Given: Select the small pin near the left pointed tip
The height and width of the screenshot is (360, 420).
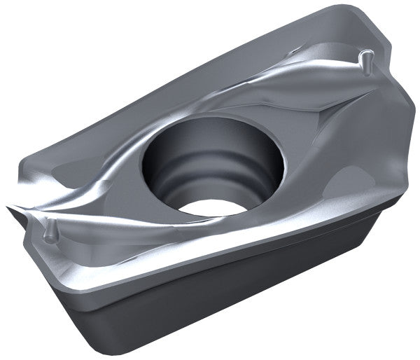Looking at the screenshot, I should coord(49,232).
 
